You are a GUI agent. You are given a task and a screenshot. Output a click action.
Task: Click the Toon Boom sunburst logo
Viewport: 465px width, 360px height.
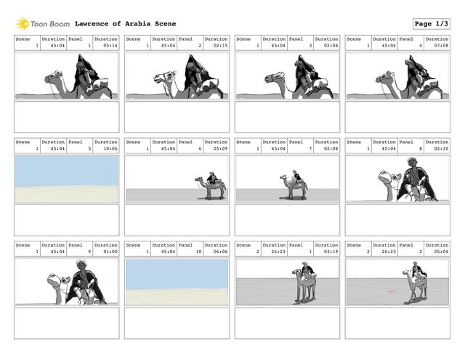pyautogui.click(x=23, y=24)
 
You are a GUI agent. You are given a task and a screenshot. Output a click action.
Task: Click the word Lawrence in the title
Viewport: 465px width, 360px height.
pyautogui.click(x=92, y=24)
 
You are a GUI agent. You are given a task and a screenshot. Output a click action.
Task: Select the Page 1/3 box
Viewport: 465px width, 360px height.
pyautogui.click(x=431, y=24)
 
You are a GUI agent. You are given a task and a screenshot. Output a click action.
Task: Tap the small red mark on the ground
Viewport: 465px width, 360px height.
pyautogui.click(x=392, y=291)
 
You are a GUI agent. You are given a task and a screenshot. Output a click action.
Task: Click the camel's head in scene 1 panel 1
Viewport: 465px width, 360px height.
pyautogui.click(x=53, y=78)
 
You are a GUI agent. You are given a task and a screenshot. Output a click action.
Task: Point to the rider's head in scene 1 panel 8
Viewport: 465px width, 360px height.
pyautogui.click(x=412, y=163)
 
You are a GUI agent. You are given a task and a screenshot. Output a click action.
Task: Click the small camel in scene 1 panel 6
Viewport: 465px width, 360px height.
pyautogui.click(x=210, y=185)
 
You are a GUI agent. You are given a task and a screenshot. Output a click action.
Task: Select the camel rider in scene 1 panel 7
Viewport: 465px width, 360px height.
pyautogui.click(x=296, y=176)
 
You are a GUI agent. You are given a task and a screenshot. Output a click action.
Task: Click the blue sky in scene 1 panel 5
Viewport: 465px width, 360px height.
pyautogui.click(x=66, y=172)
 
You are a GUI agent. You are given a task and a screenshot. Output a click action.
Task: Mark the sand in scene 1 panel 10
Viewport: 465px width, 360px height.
pyautogui.click(x=177, y=296)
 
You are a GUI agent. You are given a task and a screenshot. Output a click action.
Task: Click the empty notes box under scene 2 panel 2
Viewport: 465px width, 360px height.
pyautogui.click(x=397, y=323)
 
